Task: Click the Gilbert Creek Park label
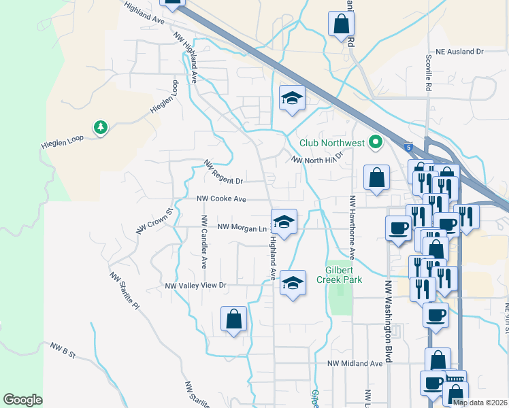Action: coord(343,273)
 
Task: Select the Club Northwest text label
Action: coord(332,143)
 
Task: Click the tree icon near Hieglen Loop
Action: coord(101,127)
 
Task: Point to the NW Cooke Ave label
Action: coord(221,199)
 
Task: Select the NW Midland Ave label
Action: coord(355,364)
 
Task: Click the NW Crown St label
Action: coord(156,222)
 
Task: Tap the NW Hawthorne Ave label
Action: coord(352,228)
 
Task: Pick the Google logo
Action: coord(22,399)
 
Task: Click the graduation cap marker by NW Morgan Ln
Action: coord(284,222)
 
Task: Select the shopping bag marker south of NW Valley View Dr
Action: coord(233,319)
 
